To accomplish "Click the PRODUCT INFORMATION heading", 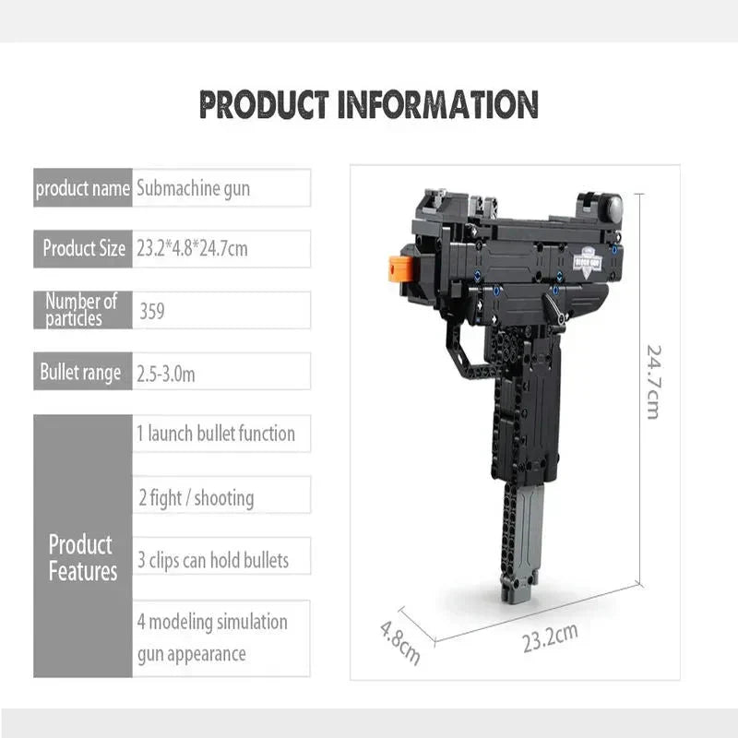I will coord(369,103).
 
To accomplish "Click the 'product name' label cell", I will coord(83,189).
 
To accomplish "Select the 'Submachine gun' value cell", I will coord(221,189).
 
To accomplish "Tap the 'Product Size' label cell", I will coord(83,248).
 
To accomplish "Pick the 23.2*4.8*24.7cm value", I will coord(221,248).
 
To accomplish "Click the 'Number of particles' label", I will coord(83,310).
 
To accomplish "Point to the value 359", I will coord(221,311).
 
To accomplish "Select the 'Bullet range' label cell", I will coord(83,372).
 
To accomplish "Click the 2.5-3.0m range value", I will coord(221,372).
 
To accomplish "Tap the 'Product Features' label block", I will coord(83,557).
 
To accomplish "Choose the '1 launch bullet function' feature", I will coord(221,434).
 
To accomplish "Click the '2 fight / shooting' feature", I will coord(221,498).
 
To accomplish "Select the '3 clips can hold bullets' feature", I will coord(221,560).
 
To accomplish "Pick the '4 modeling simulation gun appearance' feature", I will coord(221,637).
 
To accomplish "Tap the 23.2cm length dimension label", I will coord(550,637).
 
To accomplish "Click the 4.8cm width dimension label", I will coord(400,642).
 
